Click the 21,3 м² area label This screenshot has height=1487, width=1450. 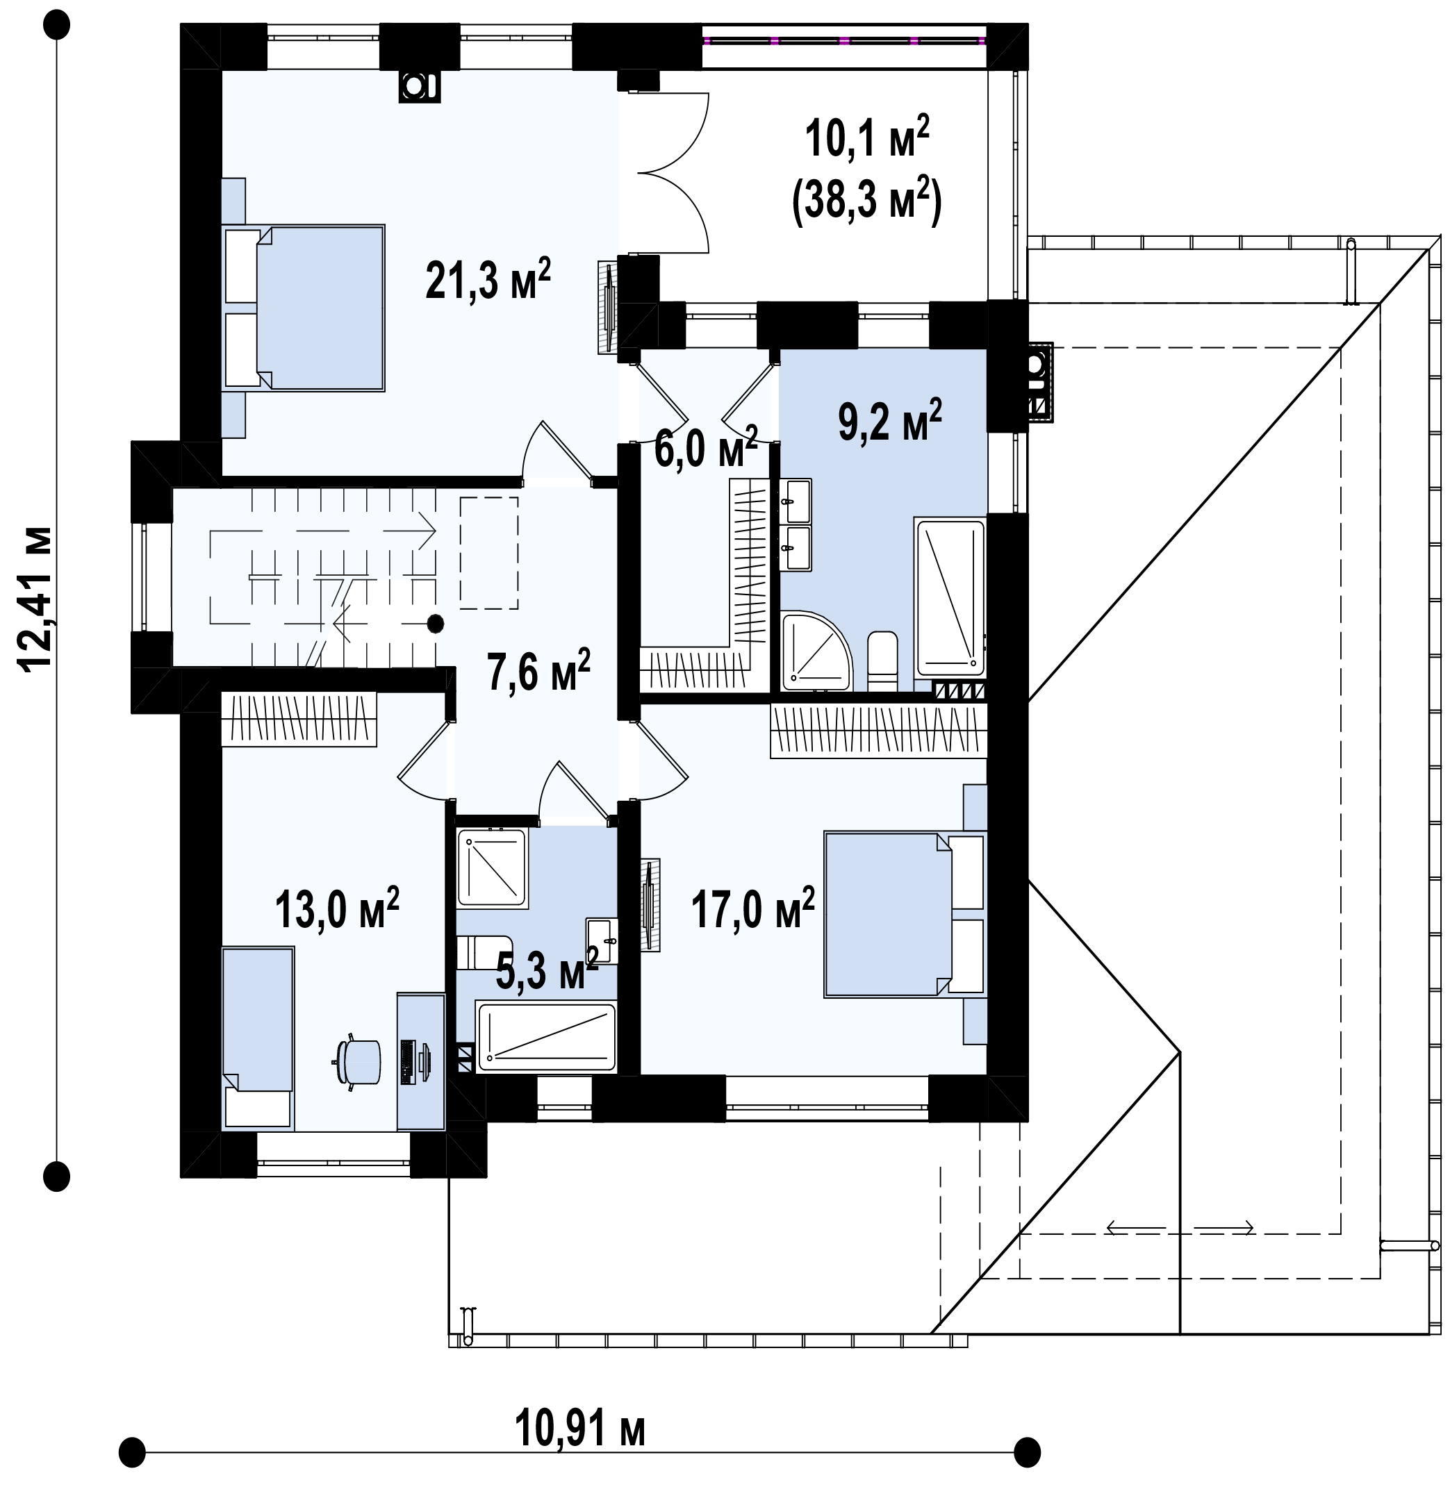tap(488, 279)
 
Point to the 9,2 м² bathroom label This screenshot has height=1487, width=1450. tap(890, 419)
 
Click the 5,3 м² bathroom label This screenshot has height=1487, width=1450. tap(547, 970)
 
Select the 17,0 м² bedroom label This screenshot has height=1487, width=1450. tap(753, 908)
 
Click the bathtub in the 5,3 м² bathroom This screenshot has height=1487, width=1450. tap(545, 1036)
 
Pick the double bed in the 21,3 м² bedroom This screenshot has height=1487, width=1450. tap(304, 308)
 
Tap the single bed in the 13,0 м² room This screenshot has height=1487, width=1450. tap(258, 1037)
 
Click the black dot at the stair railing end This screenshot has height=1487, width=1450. tap(435, 624)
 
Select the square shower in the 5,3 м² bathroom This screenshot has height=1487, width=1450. tap(492, 868)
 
